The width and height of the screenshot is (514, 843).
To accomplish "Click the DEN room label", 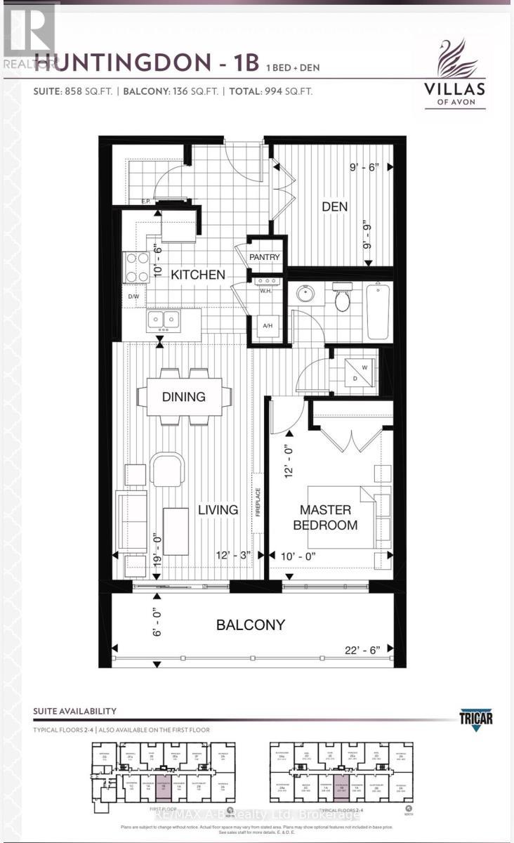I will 335,207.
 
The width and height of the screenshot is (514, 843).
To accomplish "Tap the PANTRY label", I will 264,257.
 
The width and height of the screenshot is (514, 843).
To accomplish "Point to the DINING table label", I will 184,397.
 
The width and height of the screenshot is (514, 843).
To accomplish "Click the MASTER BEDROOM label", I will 329,517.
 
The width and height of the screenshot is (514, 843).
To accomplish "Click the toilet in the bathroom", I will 343,299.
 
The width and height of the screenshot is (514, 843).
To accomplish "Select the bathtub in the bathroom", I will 378,311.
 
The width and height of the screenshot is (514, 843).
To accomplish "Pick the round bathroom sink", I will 305,294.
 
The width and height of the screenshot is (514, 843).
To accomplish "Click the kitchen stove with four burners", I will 135,267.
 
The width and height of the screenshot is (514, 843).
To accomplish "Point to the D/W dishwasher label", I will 133,297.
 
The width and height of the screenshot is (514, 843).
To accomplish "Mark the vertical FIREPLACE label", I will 258,502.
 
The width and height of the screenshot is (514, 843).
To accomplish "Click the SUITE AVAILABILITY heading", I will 74,712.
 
